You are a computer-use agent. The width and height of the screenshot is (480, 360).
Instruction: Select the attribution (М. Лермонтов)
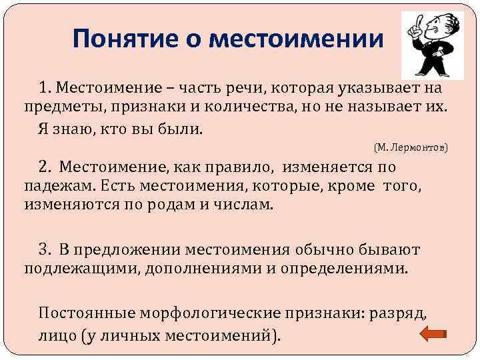point(411,146)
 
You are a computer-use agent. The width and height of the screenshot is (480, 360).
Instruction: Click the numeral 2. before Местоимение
point(45,166)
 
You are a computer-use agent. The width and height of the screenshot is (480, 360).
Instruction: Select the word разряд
point(402,313)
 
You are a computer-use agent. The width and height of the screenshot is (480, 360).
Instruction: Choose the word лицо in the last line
point(55,335)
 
